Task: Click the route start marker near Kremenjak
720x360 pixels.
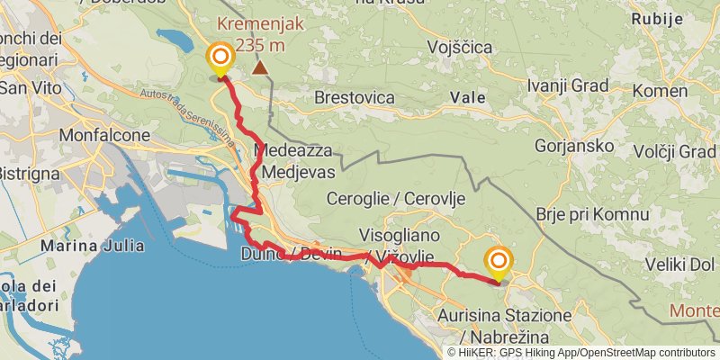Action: click(x=220, y=59)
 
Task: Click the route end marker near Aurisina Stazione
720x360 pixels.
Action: click(x=498, y=263)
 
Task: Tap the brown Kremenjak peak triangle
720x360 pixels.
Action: click(x=260, y=67)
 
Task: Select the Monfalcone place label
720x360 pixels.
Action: click(x=104, y=135)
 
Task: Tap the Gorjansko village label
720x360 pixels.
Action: click(x=574, y=146)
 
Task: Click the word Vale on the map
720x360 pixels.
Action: click(x=468, y=96)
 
